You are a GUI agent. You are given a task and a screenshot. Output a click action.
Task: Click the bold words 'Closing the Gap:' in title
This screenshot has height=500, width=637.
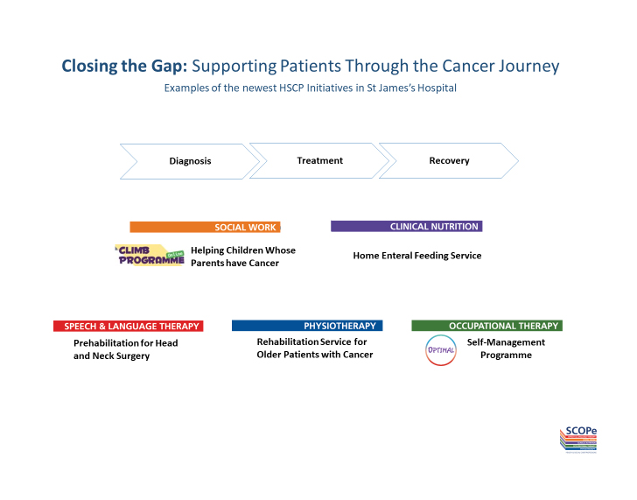(124, 67)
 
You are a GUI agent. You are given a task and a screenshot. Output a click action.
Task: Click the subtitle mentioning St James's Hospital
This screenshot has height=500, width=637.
(310, 88)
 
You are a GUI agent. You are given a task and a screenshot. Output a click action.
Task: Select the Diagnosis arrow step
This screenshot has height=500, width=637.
(190, 161)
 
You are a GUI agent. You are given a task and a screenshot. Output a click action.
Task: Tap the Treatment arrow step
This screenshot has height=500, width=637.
(319, 160)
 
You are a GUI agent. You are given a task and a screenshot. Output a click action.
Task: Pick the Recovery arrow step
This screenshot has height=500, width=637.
(449, 160)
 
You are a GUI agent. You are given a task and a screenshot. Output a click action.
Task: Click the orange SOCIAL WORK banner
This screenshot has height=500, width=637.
(203, 227)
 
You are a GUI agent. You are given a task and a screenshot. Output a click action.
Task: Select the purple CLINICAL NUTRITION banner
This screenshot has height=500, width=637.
(406, 226)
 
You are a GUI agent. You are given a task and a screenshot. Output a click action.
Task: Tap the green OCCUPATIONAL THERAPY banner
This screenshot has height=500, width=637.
(486, 326)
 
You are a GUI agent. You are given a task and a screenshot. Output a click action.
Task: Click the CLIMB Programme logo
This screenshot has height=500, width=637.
(150, 255)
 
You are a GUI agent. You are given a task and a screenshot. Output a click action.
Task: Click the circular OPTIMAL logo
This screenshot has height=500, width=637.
(440, 349)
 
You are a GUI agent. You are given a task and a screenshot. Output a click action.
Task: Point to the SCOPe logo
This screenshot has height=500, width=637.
(578, 439)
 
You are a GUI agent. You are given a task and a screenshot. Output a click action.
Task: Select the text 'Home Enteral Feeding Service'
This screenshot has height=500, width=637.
(417, 256)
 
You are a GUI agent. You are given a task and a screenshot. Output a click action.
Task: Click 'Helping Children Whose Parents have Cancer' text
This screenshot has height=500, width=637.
(243, 257)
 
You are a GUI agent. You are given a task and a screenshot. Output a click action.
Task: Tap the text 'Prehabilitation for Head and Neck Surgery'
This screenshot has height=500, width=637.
(125, 349)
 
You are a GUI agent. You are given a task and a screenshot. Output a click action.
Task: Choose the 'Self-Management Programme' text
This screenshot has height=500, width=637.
(506, 349)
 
